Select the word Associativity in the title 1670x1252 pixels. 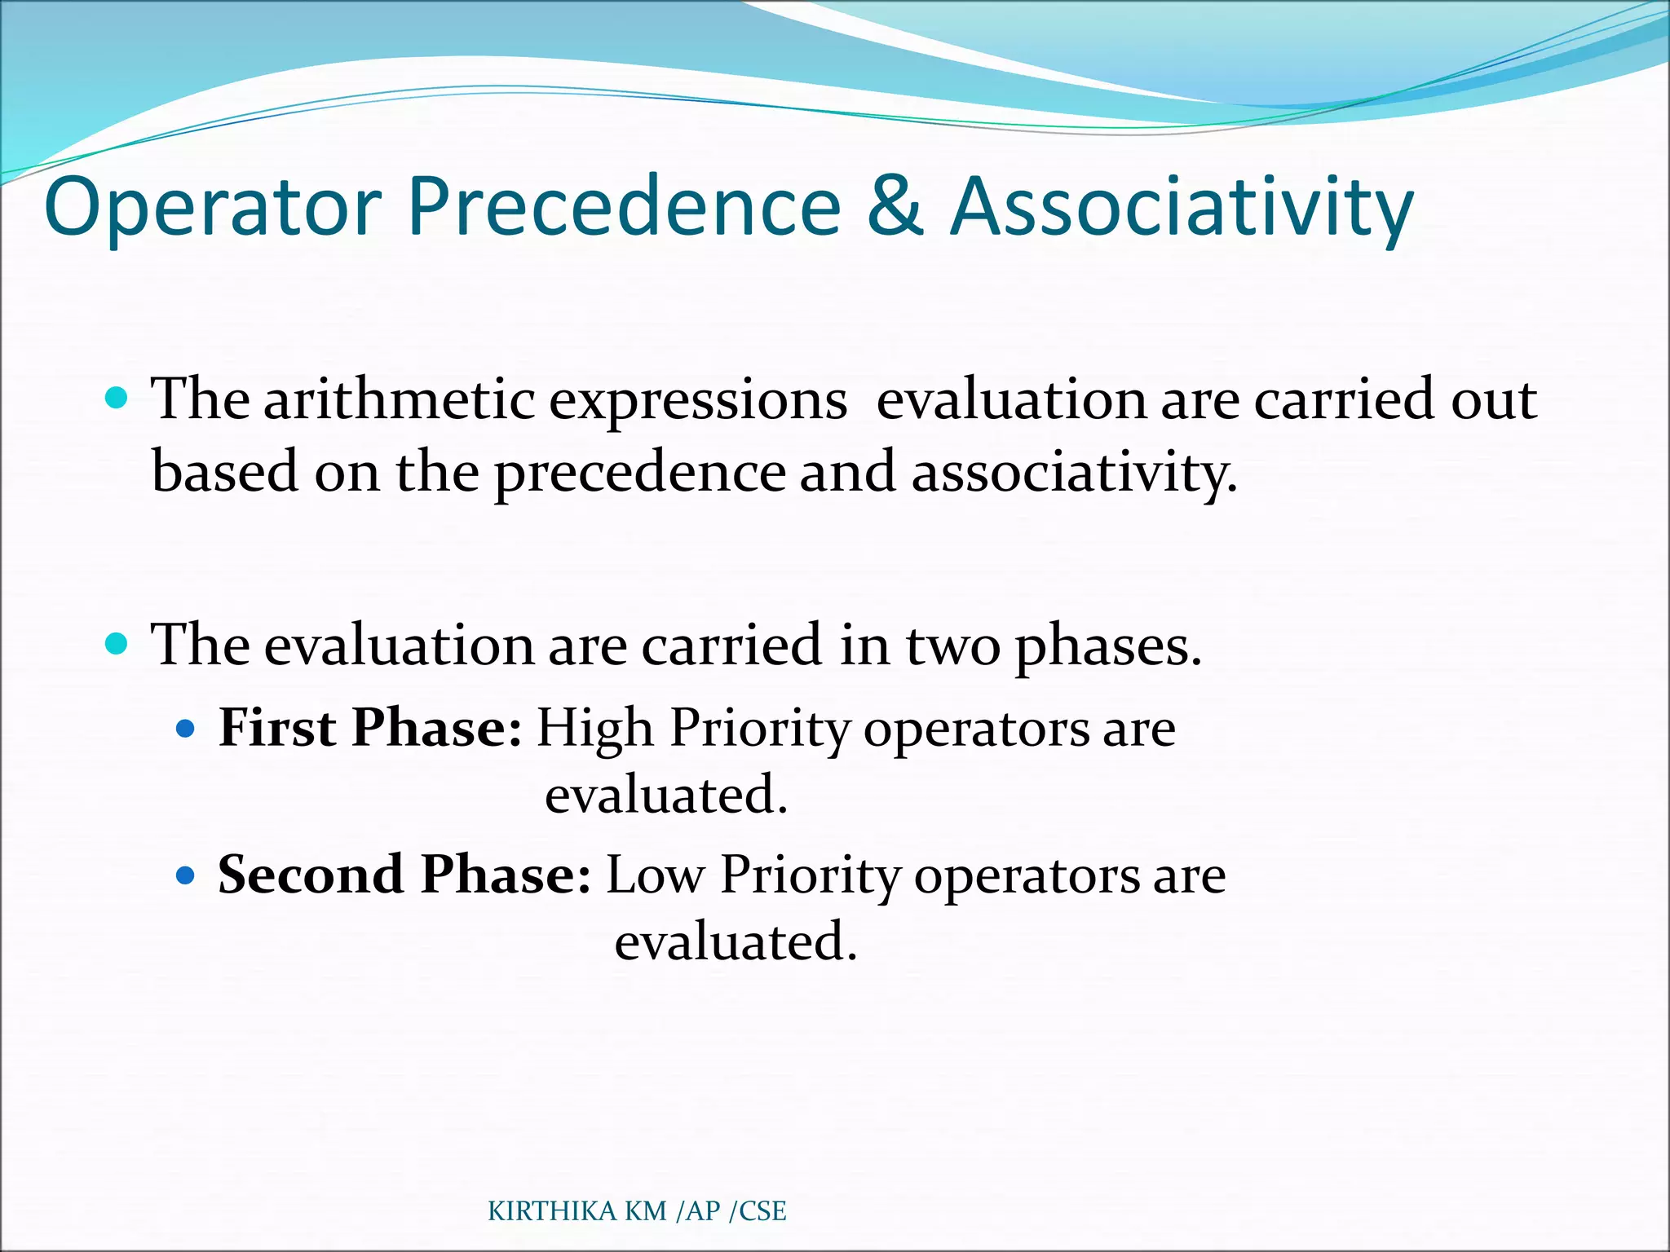point(1182,208)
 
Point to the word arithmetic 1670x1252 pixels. point(399,399)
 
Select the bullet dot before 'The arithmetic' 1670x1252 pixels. point(117,399)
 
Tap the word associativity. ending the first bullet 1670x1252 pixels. point(1074,473)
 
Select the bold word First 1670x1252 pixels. point(277,727)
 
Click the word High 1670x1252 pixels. point(594,729)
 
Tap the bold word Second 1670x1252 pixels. point(311,875)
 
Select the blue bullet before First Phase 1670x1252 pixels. point(186,728)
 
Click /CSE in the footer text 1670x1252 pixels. point(758,1211)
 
